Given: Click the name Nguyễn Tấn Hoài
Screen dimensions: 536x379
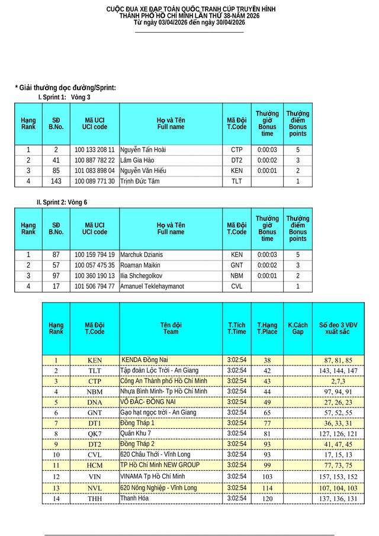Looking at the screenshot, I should [143, 150].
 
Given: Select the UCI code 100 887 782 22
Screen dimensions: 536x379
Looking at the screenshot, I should [95, 161].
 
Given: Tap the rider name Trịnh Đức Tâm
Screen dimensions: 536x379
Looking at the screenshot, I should [140, 181].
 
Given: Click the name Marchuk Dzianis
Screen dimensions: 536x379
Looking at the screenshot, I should [142, 255].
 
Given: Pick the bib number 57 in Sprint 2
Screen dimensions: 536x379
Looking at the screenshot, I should [56, 265].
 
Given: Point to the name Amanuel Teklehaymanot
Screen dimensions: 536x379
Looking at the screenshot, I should [152, 287].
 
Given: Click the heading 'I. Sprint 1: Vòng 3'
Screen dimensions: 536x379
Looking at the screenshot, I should [65, 97].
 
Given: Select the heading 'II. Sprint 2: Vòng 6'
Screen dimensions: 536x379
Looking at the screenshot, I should [62, 202].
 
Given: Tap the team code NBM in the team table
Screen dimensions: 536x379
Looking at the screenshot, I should [95, 392].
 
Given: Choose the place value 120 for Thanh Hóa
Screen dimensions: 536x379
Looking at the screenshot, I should [267, 499].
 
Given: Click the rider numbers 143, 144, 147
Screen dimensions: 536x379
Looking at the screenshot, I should [338, 371].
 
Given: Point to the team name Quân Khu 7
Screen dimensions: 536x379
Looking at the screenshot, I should [136, 434].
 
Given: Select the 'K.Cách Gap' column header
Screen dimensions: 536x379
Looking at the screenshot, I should [298, 329].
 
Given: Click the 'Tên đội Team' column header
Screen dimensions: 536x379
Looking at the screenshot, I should [171, 329].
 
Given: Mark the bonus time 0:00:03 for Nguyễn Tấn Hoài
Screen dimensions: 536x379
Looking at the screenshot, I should [267, 150].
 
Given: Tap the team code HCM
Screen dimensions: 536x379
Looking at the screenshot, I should [95, 466].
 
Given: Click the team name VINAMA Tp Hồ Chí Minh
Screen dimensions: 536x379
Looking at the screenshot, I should [153, 476].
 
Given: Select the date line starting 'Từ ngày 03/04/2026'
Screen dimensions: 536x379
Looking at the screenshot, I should [189, 22].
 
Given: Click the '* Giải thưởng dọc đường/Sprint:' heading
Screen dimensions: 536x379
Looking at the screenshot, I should [65, 88].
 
